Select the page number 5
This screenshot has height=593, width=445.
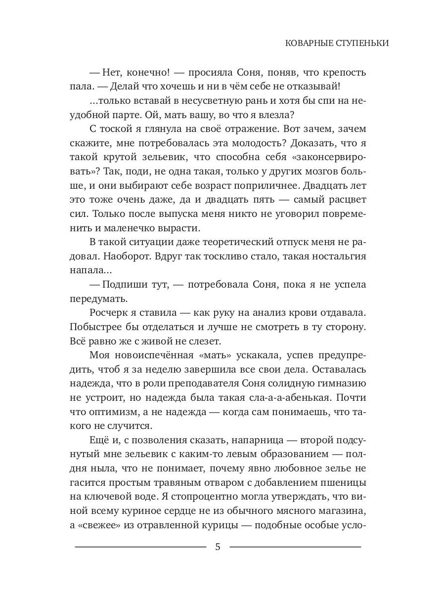(218, 548)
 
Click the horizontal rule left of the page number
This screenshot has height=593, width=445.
(140, 547)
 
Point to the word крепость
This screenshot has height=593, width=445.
(343, 73)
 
